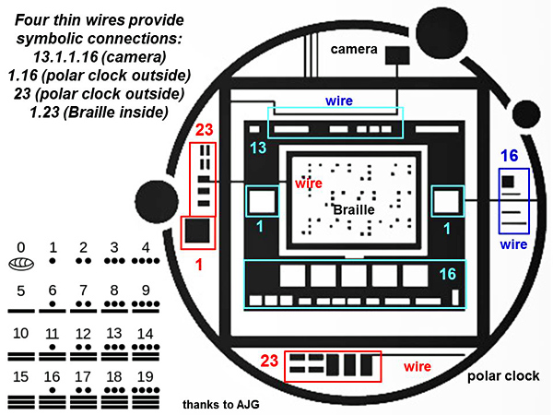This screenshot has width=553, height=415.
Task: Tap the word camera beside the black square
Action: (x=354, y=48)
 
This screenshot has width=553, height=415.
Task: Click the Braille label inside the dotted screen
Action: (x=358, y=210)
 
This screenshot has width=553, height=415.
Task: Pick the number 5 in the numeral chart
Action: (x=20, y=291)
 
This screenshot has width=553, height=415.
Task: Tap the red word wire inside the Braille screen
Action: (x=308, y=184)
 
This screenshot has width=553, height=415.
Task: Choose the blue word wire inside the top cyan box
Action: (x=339, y=99)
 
